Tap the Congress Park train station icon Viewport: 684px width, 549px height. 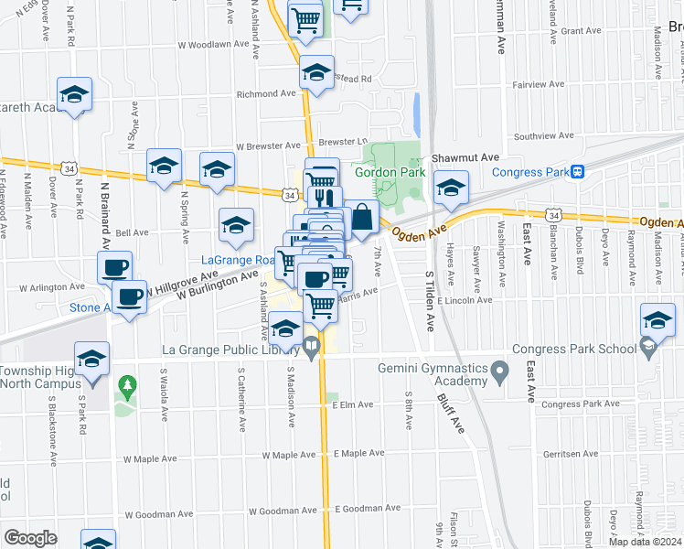tap(578, 171)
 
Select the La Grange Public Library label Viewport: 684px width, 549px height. tap(230, 348)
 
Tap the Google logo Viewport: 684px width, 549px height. tap(29, 538)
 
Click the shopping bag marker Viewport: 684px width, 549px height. tap(362, 219)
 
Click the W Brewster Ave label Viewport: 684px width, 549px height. tap(268, 145)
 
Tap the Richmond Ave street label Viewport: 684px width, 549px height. tap(266, 93)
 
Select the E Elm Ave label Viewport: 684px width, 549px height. tap(354, 404)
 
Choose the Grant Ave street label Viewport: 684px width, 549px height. tap(581, 31)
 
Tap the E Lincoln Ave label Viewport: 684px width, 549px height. tap(465, 300)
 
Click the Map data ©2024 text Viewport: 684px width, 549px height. tap(645, 542)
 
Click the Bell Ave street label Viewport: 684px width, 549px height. tap(132, 233)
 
